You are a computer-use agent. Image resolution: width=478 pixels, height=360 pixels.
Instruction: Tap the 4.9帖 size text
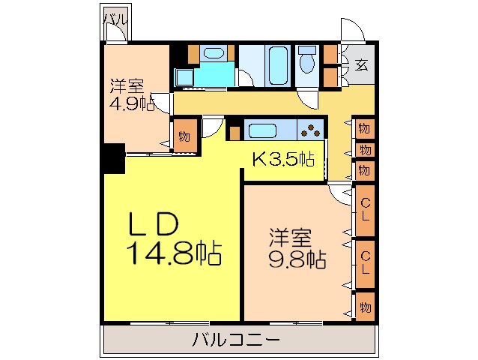131,103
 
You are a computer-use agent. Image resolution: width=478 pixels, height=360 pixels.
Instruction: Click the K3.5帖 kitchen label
282,158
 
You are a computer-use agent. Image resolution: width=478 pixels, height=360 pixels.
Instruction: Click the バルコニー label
236,340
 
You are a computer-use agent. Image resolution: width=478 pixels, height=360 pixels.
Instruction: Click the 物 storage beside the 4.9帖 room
184,137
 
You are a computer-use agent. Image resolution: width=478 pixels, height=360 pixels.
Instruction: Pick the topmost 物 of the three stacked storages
364,128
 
